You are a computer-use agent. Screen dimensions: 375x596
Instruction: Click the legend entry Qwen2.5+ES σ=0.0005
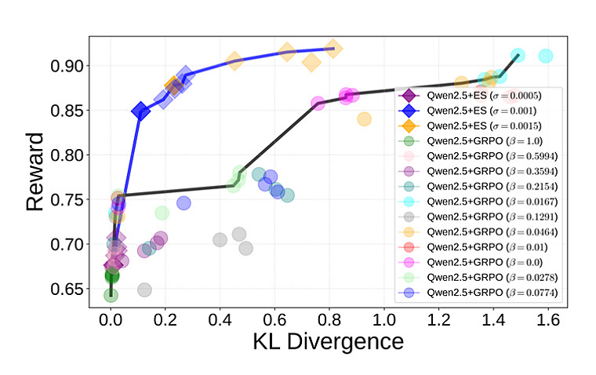[x=478, y=96]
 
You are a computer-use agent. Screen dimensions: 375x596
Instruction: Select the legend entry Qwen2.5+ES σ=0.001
[x=478, y=111]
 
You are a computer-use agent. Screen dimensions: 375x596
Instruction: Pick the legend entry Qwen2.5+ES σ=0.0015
[x=478, y=126]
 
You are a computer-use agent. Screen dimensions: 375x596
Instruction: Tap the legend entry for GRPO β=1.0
[x=478, y=141]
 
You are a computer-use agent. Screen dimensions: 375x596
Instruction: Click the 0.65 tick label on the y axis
[x=68, y=289]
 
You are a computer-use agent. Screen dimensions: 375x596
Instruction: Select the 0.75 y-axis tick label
[x=68, y=200]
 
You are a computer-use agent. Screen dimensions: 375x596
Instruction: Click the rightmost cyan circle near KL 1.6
[x=545, y=56]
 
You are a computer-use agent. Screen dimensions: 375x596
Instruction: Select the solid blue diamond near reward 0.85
[x=140, y=111]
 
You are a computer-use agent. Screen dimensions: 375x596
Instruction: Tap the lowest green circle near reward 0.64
[x=111, y=295]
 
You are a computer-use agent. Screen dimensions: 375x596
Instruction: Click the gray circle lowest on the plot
[x=144, y=289]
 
